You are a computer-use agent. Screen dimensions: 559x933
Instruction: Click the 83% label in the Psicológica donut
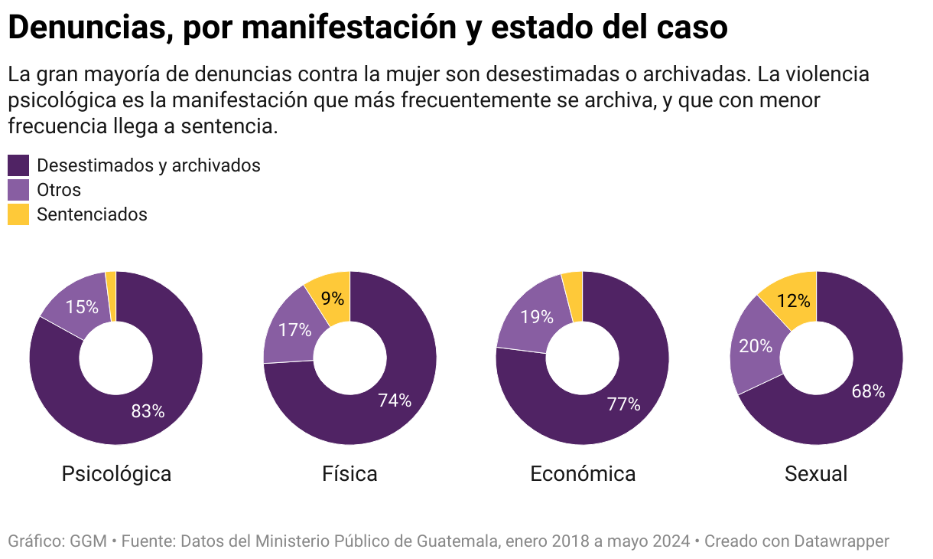click(148, 411)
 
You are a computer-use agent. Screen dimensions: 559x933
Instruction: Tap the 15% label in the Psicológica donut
click(82, 307)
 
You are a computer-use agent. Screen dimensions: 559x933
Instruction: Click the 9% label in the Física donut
click(333, 299)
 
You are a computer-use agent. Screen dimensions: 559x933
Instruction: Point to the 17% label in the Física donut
click(295, 331)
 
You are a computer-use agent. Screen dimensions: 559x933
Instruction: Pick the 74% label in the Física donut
click(395, 400)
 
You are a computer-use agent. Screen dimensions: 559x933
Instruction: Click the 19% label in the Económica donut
click(537, 316)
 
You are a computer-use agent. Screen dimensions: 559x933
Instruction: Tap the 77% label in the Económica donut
click(624, 404)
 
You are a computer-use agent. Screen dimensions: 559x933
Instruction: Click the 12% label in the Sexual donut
click(793, 302)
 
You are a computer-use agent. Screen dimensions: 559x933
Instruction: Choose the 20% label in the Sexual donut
click(756, 346)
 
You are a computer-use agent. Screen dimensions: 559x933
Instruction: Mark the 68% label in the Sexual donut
click(868, 392)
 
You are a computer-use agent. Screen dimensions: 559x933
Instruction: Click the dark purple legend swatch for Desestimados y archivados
click(18, 165)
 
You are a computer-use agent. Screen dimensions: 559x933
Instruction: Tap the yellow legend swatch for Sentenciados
click(18, 214)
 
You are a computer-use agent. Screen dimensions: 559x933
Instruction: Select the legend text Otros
click(59, 190)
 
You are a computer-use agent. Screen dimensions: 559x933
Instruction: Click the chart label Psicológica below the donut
click(116, 474)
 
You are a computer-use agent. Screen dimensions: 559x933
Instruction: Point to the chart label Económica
click(583, 474)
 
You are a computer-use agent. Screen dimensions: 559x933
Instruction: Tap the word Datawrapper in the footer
click(842, 541)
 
